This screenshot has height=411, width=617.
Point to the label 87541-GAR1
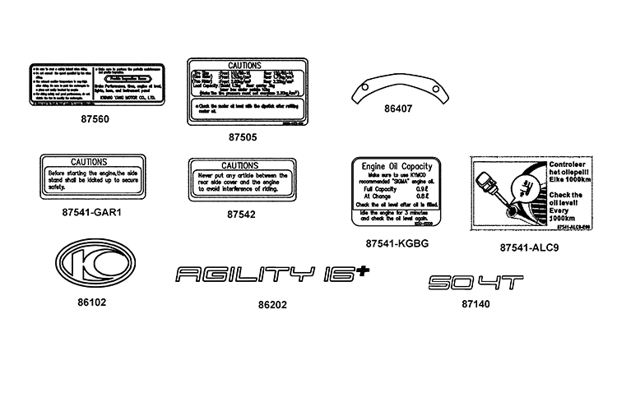(x=91, y=213)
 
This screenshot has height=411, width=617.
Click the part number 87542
(x=241, y=214)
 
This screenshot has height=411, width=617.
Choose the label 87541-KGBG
(x=397, y=243)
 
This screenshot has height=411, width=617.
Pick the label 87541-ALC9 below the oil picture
(x=529, y=247)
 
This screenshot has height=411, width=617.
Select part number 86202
(x=272, y=304)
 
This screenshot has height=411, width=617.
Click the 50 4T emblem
(x=476, y=282)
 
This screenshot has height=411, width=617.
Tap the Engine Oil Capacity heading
(x=397, y=166)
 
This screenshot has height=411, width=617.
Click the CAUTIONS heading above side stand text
(x=91, y=162)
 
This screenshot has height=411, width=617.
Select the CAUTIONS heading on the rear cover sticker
(x=240, y=165)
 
